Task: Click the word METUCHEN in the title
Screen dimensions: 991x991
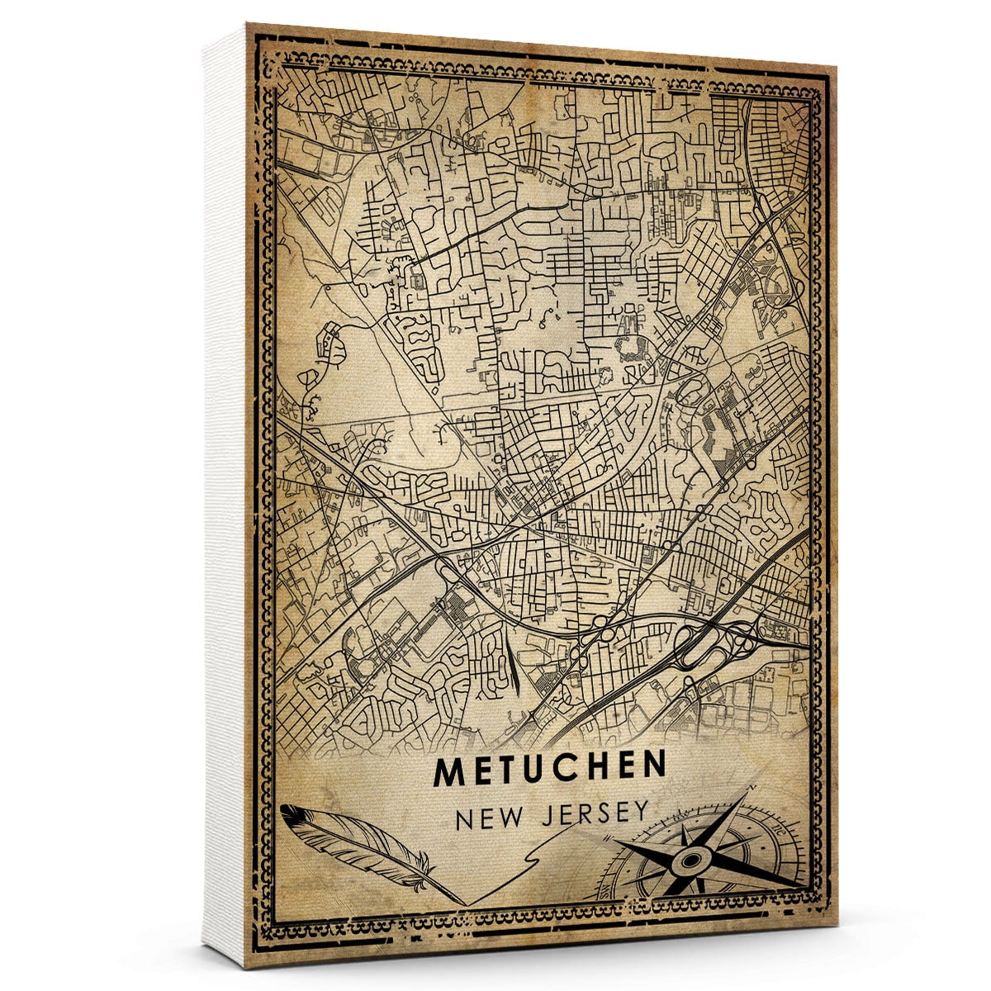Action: (x=549, y=770)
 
